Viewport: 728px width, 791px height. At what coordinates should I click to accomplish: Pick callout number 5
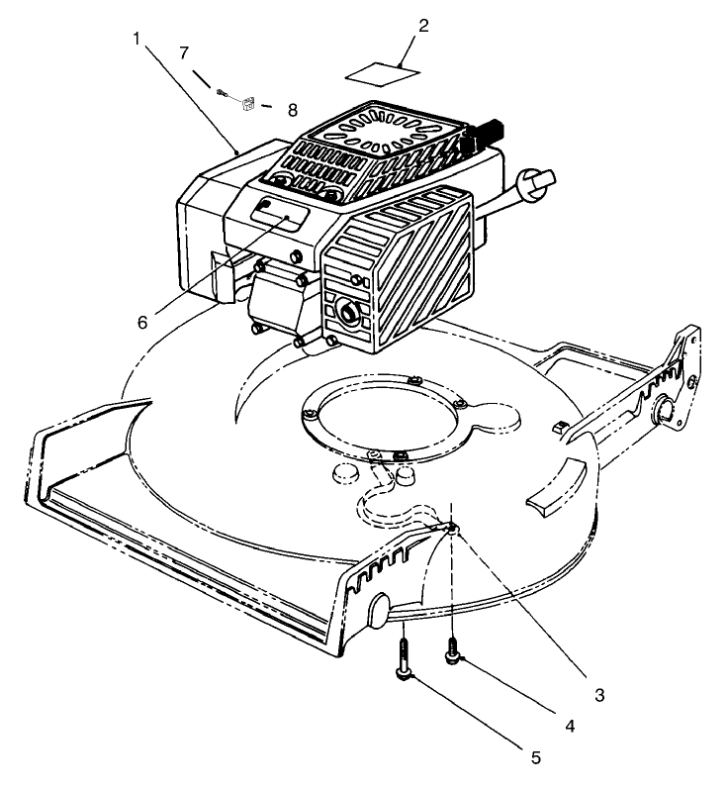(535, 757)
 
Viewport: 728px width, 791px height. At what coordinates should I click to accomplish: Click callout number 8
(292, 110)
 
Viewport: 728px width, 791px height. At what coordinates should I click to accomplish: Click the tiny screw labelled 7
(224, 93)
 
